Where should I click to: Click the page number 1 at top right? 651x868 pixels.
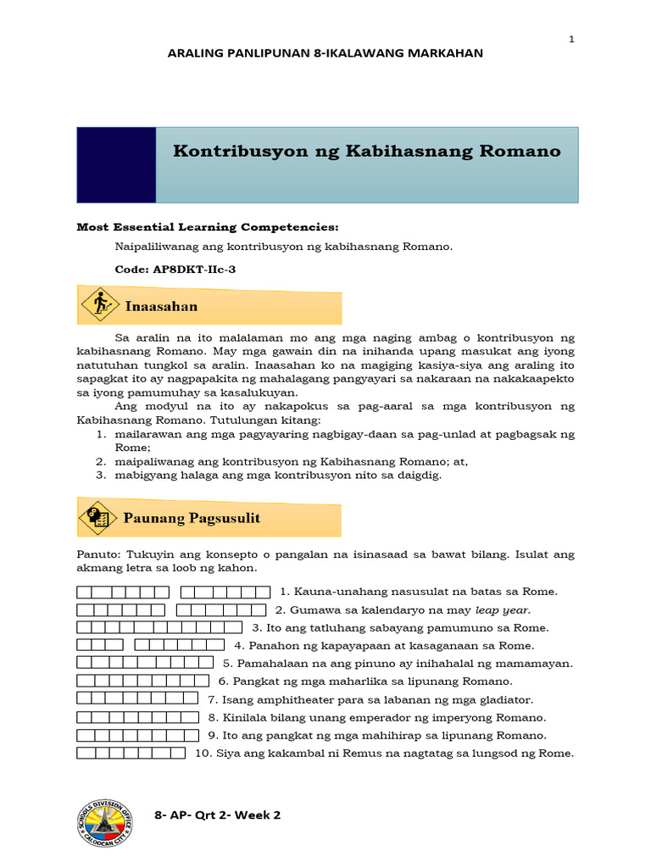pos(571,39)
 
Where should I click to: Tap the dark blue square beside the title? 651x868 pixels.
pos(116,165)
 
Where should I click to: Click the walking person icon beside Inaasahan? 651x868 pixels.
pos(102,303)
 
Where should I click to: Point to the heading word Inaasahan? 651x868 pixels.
pos(163,305)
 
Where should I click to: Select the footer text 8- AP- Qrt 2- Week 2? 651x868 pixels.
pos(218,815)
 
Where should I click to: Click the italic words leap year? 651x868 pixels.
pos(502,609)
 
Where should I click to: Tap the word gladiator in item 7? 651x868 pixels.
pos(505,699)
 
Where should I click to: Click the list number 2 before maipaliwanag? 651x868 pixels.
pos(99,462)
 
